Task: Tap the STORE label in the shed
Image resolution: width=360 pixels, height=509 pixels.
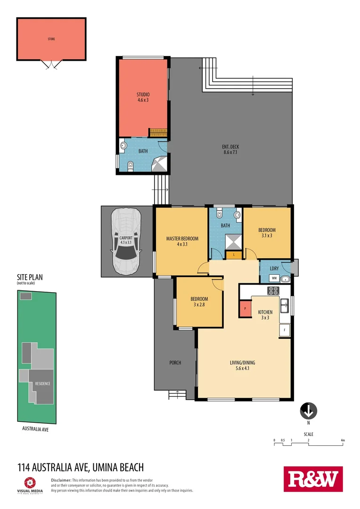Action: tap(51, 39)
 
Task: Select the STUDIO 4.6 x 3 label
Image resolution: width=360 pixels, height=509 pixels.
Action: tap(143, 97)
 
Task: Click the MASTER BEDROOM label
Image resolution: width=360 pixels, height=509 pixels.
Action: tap(182, 241)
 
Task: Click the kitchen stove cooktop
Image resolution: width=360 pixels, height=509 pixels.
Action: tap(273, 291)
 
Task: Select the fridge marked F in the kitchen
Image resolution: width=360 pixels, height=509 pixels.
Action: tap(285, 330)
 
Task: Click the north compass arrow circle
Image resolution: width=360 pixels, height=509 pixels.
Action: tap(308, 410)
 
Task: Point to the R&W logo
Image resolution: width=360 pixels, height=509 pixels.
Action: tap(313, 479)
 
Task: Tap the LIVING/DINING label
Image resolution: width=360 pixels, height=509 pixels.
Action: tap(242, 365)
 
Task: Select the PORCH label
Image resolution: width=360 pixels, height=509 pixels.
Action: tap(175, 362)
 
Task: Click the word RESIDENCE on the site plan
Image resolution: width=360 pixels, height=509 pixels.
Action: tap(42, 384)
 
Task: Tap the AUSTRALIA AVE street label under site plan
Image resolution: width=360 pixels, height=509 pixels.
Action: tap(36, 429)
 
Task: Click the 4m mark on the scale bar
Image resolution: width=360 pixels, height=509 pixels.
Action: tap(343, 440)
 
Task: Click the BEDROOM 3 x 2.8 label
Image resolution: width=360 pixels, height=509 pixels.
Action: tap(199, 302)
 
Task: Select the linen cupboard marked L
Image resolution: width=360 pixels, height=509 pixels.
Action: tap(234, 255)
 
